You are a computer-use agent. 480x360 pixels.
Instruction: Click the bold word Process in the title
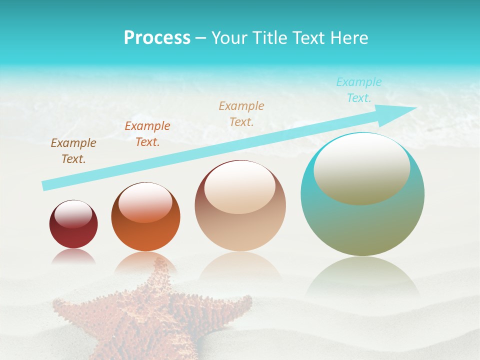click(x=157, y=38)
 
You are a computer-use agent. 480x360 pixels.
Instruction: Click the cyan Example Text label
click(x=358, y=90)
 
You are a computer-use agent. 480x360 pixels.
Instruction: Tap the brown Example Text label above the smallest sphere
click(x=73, y=151)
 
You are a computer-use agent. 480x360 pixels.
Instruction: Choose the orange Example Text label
click(x=147, y=134)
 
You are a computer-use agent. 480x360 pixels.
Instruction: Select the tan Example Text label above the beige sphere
click(x=241, y=113)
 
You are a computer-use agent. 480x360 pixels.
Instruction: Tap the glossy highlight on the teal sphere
click(x=361, y=169)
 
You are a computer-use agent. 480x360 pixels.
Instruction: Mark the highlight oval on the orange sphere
click(x=145, y=202)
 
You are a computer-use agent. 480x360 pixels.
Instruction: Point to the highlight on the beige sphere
click(x=239, y=187)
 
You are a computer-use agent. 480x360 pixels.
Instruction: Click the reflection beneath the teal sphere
click(x=362, y=275)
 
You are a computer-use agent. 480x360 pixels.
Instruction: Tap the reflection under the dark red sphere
click(x=73, y=256)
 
